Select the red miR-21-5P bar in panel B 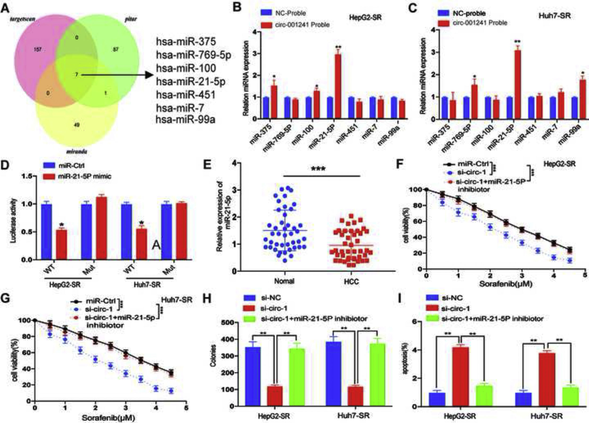[338, 86]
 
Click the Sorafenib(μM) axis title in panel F [506, 284]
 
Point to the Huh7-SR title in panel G [177, 300]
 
